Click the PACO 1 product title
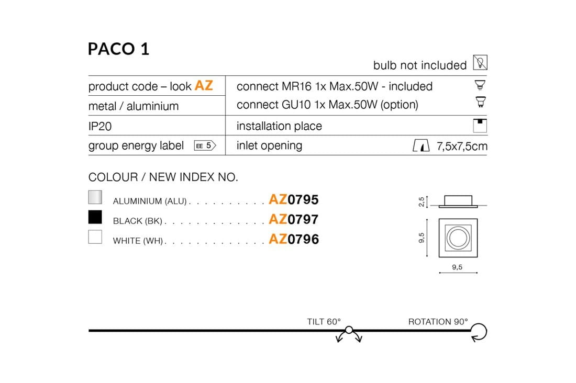click(x=119, y=49)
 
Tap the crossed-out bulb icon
click(x=480, y=62)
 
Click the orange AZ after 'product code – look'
click(x=204, y=86)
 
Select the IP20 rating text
click(x=100, y=126)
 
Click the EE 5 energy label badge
click(x=205, y=146)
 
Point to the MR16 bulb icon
click(x=480, y=85)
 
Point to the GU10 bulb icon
click(x=480, y=102)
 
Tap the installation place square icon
click(x=480, y=126)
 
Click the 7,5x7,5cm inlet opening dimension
click(x=462, y=146)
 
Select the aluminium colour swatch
click(x=95, y=197)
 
